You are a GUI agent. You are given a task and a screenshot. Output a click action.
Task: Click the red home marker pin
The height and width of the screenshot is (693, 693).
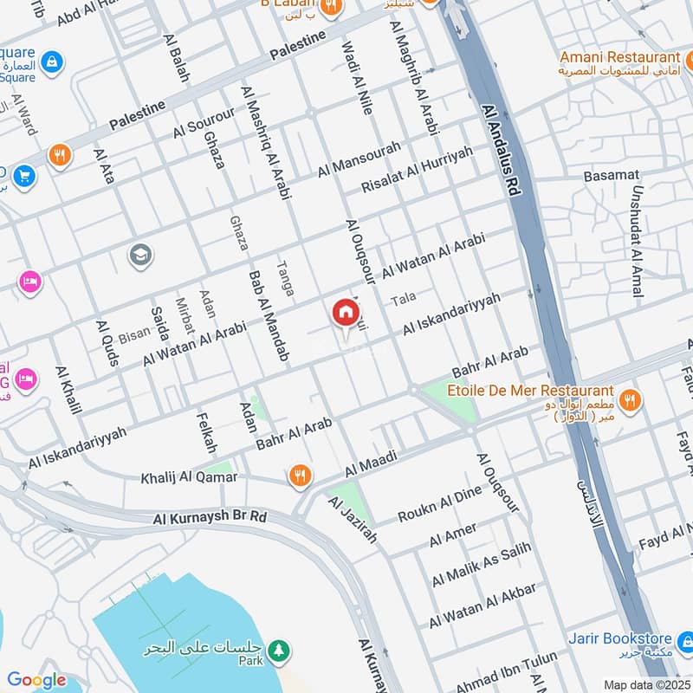pyautogui.click(x=345, y=313)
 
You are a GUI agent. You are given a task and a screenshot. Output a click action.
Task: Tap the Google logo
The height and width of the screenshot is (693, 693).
pyautogui.click(x=36, y=681)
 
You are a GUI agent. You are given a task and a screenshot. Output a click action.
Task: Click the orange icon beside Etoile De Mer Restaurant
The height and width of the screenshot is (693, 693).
pyautogui.click(x=631, y=399)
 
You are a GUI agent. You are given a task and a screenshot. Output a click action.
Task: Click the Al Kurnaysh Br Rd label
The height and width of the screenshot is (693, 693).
pyautogui.click(x=210, y=518)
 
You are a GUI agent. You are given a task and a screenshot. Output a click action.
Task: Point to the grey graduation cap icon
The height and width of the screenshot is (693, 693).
pyautogui.click(x=139, y=255)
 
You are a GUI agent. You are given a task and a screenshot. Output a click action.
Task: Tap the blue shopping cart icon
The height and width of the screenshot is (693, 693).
pyautogui.click(x=23, y=176)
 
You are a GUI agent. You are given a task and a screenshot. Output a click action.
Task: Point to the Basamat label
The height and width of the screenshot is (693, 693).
pyautogui.click(x=611, y=175)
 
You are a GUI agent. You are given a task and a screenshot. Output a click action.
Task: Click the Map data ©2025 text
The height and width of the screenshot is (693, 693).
pyautogui.click(x=647, y=684)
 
